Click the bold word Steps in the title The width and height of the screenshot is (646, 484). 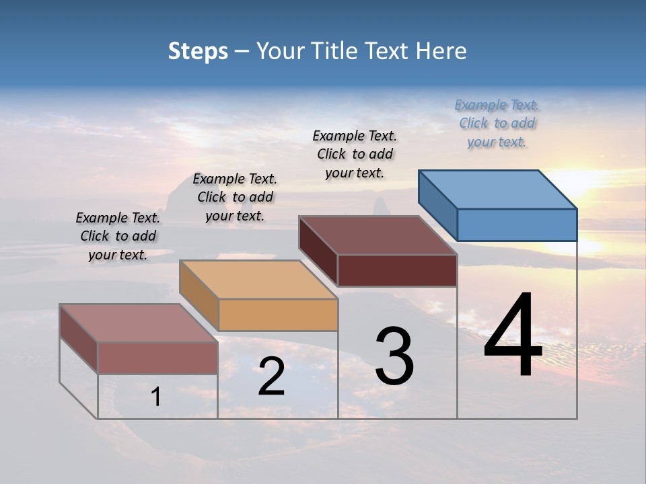click(x=198, y=51)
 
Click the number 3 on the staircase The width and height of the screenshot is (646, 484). click(x=394, y=357)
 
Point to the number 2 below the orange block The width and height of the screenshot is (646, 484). click(x=271, y=377)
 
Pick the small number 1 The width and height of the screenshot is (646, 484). click(x=156, y=397)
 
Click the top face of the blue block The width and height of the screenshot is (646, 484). click(x=498, y=189)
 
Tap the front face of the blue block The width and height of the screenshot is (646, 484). click(x=517, y=225)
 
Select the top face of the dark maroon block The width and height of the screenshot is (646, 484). click(x=378, y=235)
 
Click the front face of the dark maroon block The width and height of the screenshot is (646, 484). click(x=397, y=270)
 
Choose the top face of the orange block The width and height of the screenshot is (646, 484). click(x=258, y=279)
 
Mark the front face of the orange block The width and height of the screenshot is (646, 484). click(x=278, y=315)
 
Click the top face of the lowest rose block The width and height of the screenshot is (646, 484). click(x=139, y=323)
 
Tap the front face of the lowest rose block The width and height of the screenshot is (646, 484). click(x=157, y=358)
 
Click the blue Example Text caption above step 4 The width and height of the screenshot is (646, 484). click(x=497, y=123)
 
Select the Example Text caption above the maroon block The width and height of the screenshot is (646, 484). click(x=355, y=154)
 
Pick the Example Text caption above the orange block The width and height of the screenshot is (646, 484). click(x=235, y=197)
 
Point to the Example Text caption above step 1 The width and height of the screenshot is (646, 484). click(x=118, y=236)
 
